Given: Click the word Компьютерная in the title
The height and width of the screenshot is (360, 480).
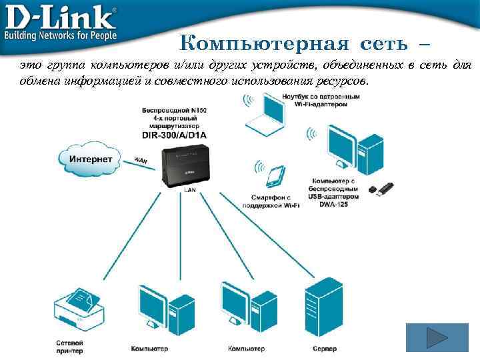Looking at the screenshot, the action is [x=265, y=44].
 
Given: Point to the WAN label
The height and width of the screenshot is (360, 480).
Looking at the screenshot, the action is [x=141, y=160].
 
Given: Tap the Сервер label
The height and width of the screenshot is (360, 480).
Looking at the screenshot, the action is [x=325, y=349].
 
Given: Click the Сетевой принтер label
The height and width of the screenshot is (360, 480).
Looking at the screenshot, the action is [x=69, y=347].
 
